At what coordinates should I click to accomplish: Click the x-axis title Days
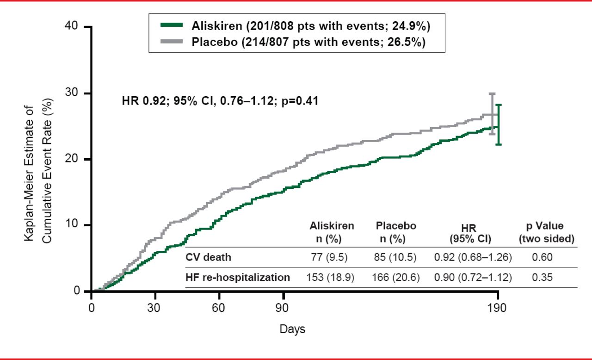coord(292,329)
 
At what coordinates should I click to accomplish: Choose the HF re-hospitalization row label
coord(238,278)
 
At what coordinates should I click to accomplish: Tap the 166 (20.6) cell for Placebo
coord(396,278)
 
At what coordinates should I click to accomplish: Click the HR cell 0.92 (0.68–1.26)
coord(473,257)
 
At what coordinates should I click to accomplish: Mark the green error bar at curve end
coord(498,124)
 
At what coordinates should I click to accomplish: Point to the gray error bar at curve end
coord(492,113)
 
